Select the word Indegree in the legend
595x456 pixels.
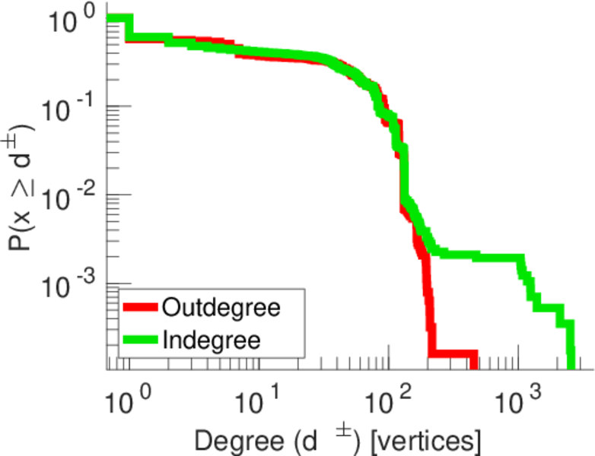pyautogui.click(x=212, y=340)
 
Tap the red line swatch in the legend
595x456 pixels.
pyautogui.click(x=141, y=308)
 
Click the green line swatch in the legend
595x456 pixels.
pyautogui.click(x=141, y=340)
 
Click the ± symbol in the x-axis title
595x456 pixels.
pyautogui.click(x=343, y=431)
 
